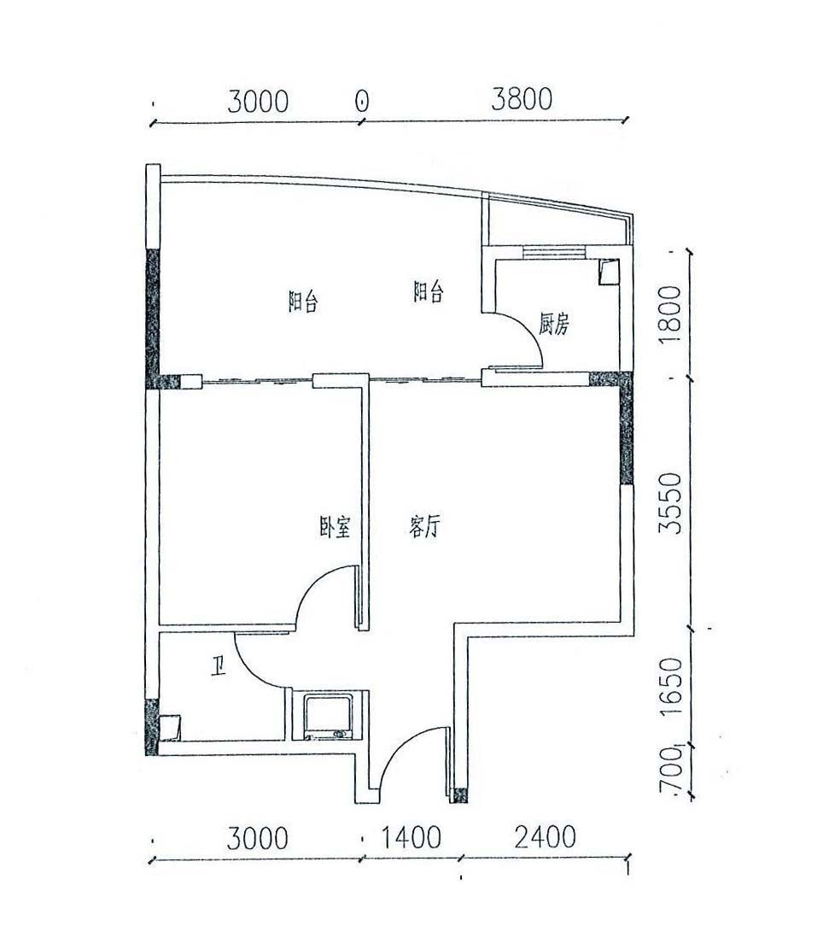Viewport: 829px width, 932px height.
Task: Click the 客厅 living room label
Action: click(x=424, y=526)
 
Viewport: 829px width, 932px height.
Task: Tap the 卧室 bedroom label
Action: click(x=335, y=526)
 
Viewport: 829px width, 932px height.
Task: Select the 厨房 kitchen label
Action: click(x=553, y=324)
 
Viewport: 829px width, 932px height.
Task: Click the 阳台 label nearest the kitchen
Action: click(x=428, y=292)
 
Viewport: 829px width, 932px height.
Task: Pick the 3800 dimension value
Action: click(x=522, y=99)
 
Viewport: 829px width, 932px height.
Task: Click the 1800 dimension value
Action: click(x=672, y=314)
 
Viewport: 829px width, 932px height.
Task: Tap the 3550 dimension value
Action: click(x=672, y=503)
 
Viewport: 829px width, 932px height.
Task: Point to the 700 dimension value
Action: click(x=672, y=770)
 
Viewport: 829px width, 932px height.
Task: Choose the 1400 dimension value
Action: click(x=411, y=837)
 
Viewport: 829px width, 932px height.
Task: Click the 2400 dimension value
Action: click(x=546, y=837)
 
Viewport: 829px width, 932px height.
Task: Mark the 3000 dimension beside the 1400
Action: click(x=258, y=838)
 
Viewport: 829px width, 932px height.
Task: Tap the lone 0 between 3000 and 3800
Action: click(x=362, y=101)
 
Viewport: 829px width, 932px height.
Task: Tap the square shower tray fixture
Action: click(x=329, y=716)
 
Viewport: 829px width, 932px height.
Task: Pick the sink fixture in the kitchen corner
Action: click(x=608, y=273)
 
